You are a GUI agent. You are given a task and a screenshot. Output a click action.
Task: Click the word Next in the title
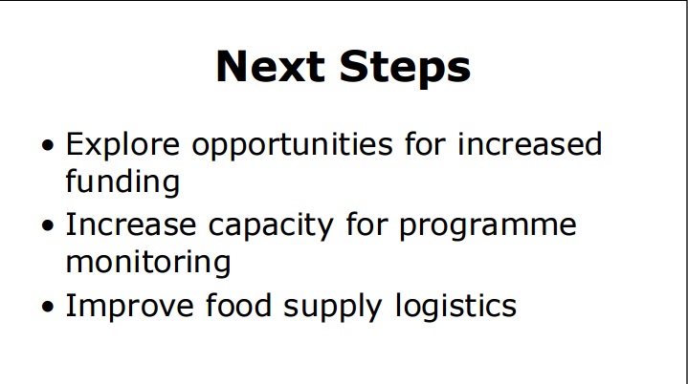click(x=270, y=66)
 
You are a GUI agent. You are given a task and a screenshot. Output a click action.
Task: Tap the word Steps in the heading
click(x=405, y=68)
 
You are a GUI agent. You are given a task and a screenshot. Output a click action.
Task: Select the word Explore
click(x=122, y=144)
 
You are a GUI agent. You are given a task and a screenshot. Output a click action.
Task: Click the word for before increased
click(x=425, y=143)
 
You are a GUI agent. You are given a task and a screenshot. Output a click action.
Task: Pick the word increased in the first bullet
click(x=529, y=143)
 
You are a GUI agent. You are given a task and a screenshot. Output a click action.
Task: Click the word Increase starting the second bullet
click(x=131, y=224)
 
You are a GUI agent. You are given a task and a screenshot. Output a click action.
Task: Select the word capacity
click(x=271, y=227)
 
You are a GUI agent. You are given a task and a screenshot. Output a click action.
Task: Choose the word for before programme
click(x=366, y=224)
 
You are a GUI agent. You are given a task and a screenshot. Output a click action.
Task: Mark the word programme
click(x=487, y=227)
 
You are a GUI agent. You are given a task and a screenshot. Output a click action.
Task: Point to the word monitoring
click(x=148, y=264)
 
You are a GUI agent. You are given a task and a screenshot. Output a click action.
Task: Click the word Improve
click(x=130, y=308)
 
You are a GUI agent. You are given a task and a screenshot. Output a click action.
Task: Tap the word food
click(x=238, y=305)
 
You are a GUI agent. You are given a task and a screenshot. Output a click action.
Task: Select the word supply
click(x=333, y=308)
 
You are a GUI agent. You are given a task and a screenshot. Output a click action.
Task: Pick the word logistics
click(x=455, y=308)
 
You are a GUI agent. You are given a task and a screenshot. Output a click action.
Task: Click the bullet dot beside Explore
click(x=48, y=145)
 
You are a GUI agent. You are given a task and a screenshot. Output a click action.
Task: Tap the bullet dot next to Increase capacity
click(x=48, y=225)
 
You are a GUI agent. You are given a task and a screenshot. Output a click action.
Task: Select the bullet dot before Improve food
click(x=48, y=306)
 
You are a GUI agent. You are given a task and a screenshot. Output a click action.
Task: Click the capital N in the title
click(x=232, y=66)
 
